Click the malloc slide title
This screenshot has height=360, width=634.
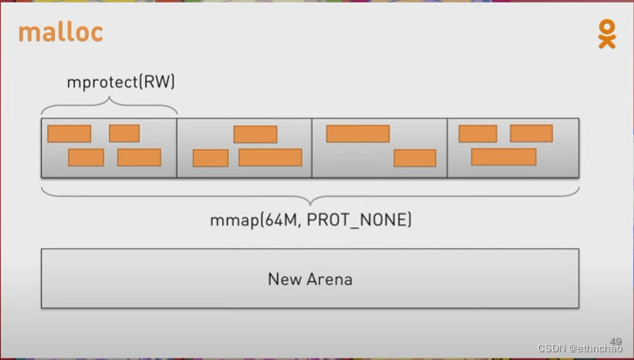tap(60, 33)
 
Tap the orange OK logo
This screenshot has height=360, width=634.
tap(607, 35)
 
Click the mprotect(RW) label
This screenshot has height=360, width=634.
tap(120, 81)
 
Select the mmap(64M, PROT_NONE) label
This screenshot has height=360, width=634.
tap(310, 220)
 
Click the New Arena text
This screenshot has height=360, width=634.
tap(310, 279)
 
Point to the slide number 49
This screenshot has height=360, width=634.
tap(615, 341)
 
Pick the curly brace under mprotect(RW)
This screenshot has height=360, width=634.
tap(109, 104)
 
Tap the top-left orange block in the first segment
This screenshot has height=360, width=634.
tap(69, 134)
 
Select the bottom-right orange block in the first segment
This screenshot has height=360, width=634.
tap(139, 158)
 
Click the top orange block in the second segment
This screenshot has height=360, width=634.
tap(255, 134)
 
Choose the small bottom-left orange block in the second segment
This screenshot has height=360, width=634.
tap(210, 158)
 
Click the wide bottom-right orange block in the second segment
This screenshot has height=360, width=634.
tap(270, 158)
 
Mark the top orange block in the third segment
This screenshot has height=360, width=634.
tap(358, 134)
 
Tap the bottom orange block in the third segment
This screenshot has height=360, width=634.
tap(415, 158)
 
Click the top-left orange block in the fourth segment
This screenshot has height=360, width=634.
tap(477, 134)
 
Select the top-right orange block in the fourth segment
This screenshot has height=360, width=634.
tap(531, 134)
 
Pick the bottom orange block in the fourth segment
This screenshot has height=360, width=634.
tap(503, 157)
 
